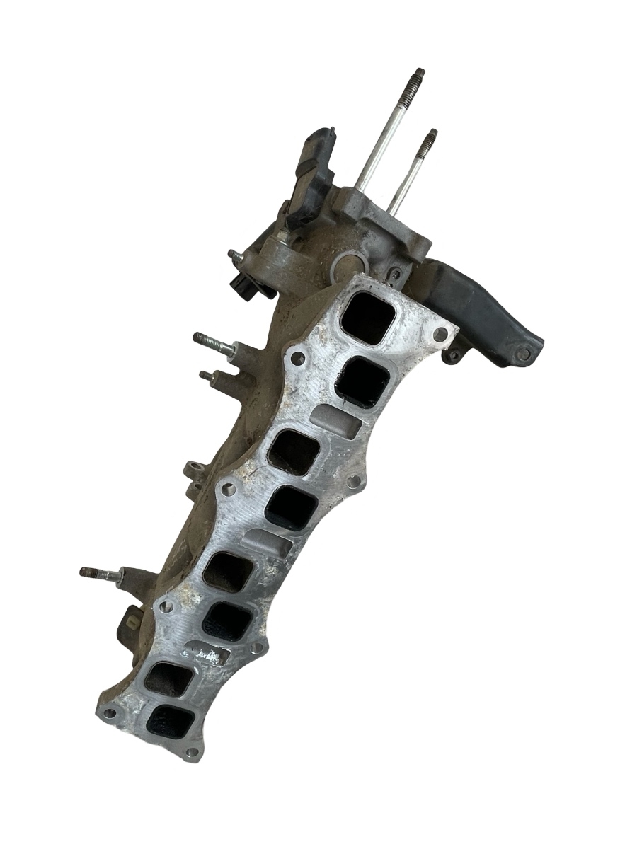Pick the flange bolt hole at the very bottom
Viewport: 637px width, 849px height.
(x=189, y=753)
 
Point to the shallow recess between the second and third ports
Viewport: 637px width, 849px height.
(x=335, y=422)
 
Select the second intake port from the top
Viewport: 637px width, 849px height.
(x=362, y=381)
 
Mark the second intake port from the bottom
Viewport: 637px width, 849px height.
(x=168, y=679)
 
